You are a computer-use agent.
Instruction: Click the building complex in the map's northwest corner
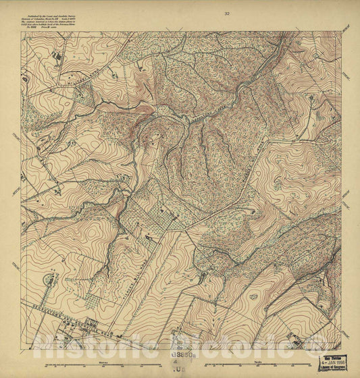click(55, 57)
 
